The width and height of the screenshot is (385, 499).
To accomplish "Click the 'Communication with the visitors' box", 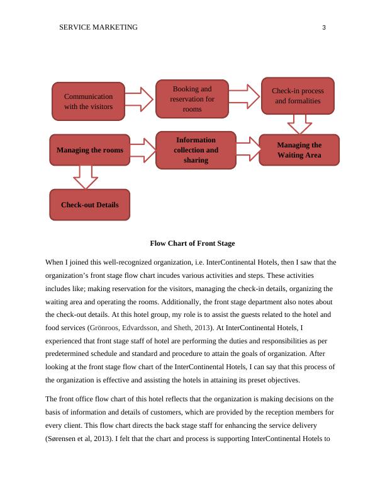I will click(x=88, y=101).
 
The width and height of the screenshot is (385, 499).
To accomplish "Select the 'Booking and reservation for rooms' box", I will click(x=192, y=99).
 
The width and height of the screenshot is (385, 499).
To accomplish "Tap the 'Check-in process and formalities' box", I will click(x=297, y=96).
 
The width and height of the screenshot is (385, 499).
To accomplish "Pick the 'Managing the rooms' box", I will click(x=90, y=150).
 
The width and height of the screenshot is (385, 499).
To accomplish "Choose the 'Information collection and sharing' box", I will click(x=196, y=150).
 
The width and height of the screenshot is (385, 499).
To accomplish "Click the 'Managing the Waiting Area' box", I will click(x=299, y=150).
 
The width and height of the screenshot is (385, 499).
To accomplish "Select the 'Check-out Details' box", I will click(x=89, y=205).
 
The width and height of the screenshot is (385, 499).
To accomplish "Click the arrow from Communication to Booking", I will click(x=140, y=99).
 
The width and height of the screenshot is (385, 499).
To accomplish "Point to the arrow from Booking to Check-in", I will click(x=244, y=96).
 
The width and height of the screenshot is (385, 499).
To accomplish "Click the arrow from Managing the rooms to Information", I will click(x=143, y=150).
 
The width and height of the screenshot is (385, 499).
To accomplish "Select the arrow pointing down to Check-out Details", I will click(x=85, y=176).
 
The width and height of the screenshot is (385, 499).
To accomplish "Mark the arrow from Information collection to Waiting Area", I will click(x=248, y=149).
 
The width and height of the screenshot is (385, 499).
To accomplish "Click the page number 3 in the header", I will click(x=323, y=27).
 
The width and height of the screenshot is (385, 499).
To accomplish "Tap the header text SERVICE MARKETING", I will click(x=98, y=27).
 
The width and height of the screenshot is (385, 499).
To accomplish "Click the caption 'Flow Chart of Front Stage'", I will click(x=192, y=243).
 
